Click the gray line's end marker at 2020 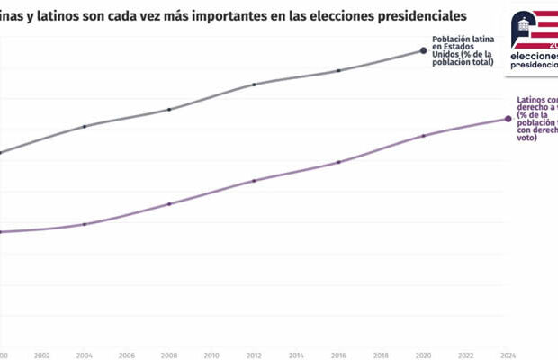424,50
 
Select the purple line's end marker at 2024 508,119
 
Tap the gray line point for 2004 85,126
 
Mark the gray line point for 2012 255,85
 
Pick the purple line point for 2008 169,204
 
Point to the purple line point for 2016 339,162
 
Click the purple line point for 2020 424,136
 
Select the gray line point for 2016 339,70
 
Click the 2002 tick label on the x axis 42,355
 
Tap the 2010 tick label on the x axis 211,355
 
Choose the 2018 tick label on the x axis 382,355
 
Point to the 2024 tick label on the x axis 508,355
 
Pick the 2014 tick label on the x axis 297,355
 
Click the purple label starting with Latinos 536,119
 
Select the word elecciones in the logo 533,55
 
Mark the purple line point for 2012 255,181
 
